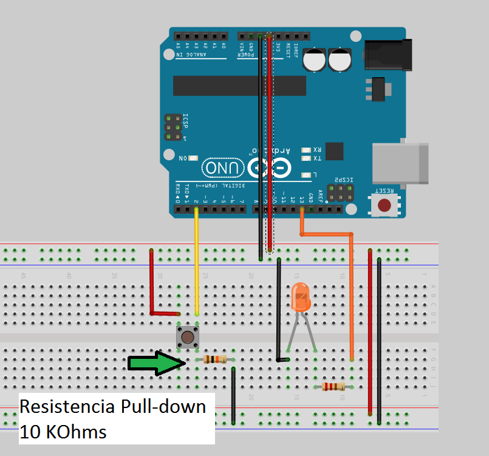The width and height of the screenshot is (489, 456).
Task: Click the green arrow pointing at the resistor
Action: coord(155,363)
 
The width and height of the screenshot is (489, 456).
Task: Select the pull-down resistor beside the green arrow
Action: coord(216,359)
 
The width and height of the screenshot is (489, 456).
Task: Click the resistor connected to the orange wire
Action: coord(333,386)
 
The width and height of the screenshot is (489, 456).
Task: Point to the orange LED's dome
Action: coord(301,298)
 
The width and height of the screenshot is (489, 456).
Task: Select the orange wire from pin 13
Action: coord(352,291)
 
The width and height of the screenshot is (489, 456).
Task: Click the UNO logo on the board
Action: coord(223,168)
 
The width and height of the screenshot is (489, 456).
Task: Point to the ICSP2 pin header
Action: coord(338,194)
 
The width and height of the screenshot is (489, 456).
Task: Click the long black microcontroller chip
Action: coord(237,86)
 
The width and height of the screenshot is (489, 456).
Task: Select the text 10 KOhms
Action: coord(63,432)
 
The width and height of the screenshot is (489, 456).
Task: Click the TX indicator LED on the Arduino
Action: coord(306,158)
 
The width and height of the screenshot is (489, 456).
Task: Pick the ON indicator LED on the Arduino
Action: coord(193,158)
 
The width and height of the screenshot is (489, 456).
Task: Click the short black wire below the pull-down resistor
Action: coord(233,395)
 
